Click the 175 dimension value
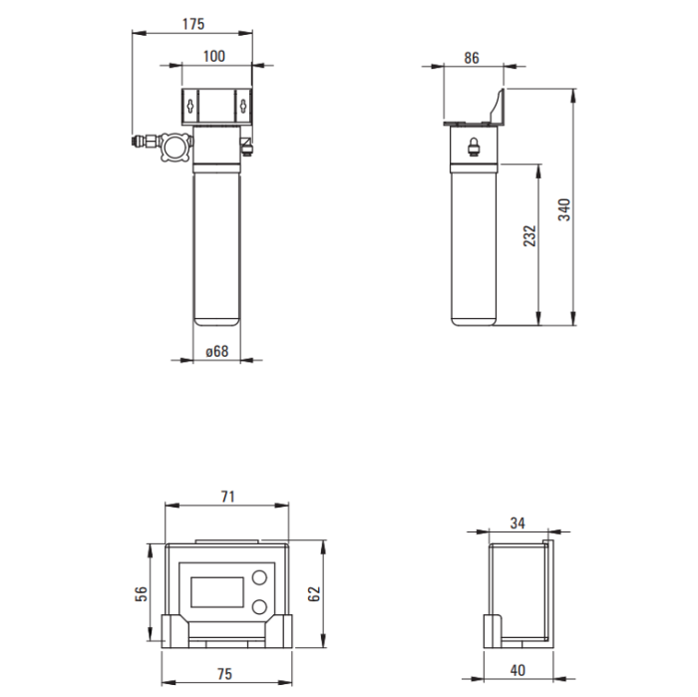193,24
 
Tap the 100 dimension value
214,56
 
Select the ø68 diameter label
217,351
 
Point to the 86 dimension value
472,58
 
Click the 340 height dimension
564,209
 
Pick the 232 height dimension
529,236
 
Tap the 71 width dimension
228,497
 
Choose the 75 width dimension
224,674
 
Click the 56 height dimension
142,594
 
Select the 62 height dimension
314,593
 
